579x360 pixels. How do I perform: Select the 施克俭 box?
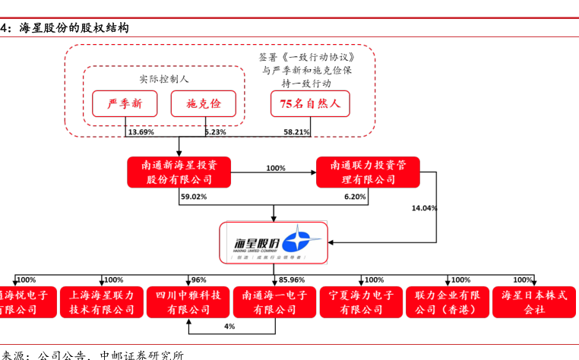(203, 103)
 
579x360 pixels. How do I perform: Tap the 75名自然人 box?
(310, 103)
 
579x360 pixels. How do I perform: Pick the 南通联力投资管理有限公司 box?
(368, 172)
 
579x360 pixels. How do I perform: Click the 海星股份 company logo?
(274, 243)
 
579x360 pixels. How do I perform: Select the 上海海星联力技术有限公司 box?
(102, 302)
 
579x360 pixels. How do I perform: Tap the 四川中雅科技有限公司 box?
(188, 302)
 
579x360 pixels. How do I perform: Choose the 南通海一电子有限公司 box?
(274, 302)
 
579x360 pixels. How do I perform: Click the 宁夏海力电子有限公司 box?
(361, 302)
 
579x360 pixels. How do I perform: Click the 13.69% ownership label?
(141, 132)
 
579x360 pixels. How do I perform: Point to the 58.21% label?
(297, 132)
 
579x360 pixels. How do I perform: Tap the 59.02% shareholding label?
(194, 197)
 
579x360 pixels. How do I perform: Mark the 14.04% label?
(424, 207)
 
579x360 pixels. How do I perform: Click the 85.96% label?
(292, 279)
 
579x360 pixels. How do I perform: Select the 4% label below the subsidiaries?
(229, 326)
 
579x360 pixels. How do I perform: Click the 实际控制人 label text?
(163, 78)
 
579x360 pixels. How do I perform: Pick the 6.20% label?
(355, 197)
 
